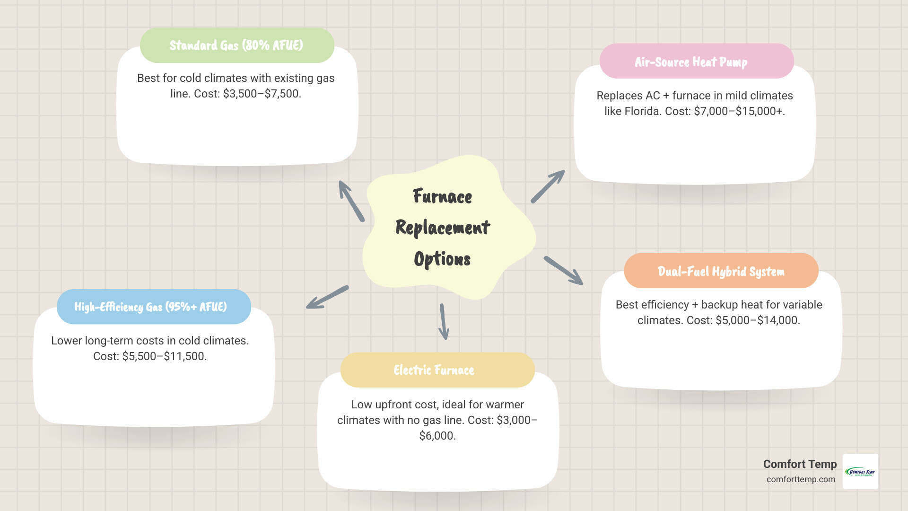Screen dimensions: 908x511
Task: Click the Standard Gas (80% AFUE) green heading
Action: pyautogui.click(x=236, y=45)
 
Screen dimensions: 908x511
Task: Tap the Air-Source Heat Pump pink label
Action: pyautogui.click(x=696, y=62)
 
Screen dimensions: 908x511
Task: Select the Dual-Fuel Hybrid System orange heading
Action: pyautogui.click(x=721, y=271)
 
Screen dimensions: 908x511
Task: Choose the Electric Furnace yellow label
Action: pyautogui.click(x=437, y=370)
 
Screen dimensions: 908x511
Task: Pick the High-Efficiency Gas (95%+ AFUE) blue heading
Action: pyautogui.click(x=154, y=307)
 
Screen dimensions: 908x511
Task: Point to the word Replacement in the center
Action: pyautogui.click(x=443, y=228)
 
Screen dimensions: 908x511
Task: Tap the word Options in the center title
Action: pyautogui.click(x=442, y=259)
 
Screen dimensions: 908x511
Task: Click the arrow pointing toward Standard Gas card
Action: pyautogui.click(x=351, y=201)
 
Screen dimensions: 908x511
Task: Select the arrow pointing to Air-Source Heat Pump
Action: pyautogui.click(x=548, y=186)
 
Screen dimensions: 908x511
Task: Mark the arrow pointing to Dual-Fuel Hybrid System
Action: pyautogui.click(x=563, y=271)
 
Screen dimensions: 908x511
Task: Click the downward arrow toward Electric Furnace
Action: pyautogui.click(x=443, y=322)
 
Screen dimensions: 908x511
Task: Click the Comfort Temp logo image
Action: pyautogui.click(x=860, y=471)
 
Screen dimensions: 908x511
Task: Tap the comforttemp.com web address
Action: pyautogui.click(x=801, y=479)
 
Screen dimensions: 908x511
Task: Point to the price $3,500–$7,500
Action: pyautogui.click(x=261, y=94)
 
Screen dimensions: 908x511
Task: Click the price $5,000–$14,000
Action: pyautogui.click(x=757, y=320)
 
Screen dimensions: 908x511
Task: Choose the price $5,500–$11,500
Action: pyautogui.click(x=163, y=356)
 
